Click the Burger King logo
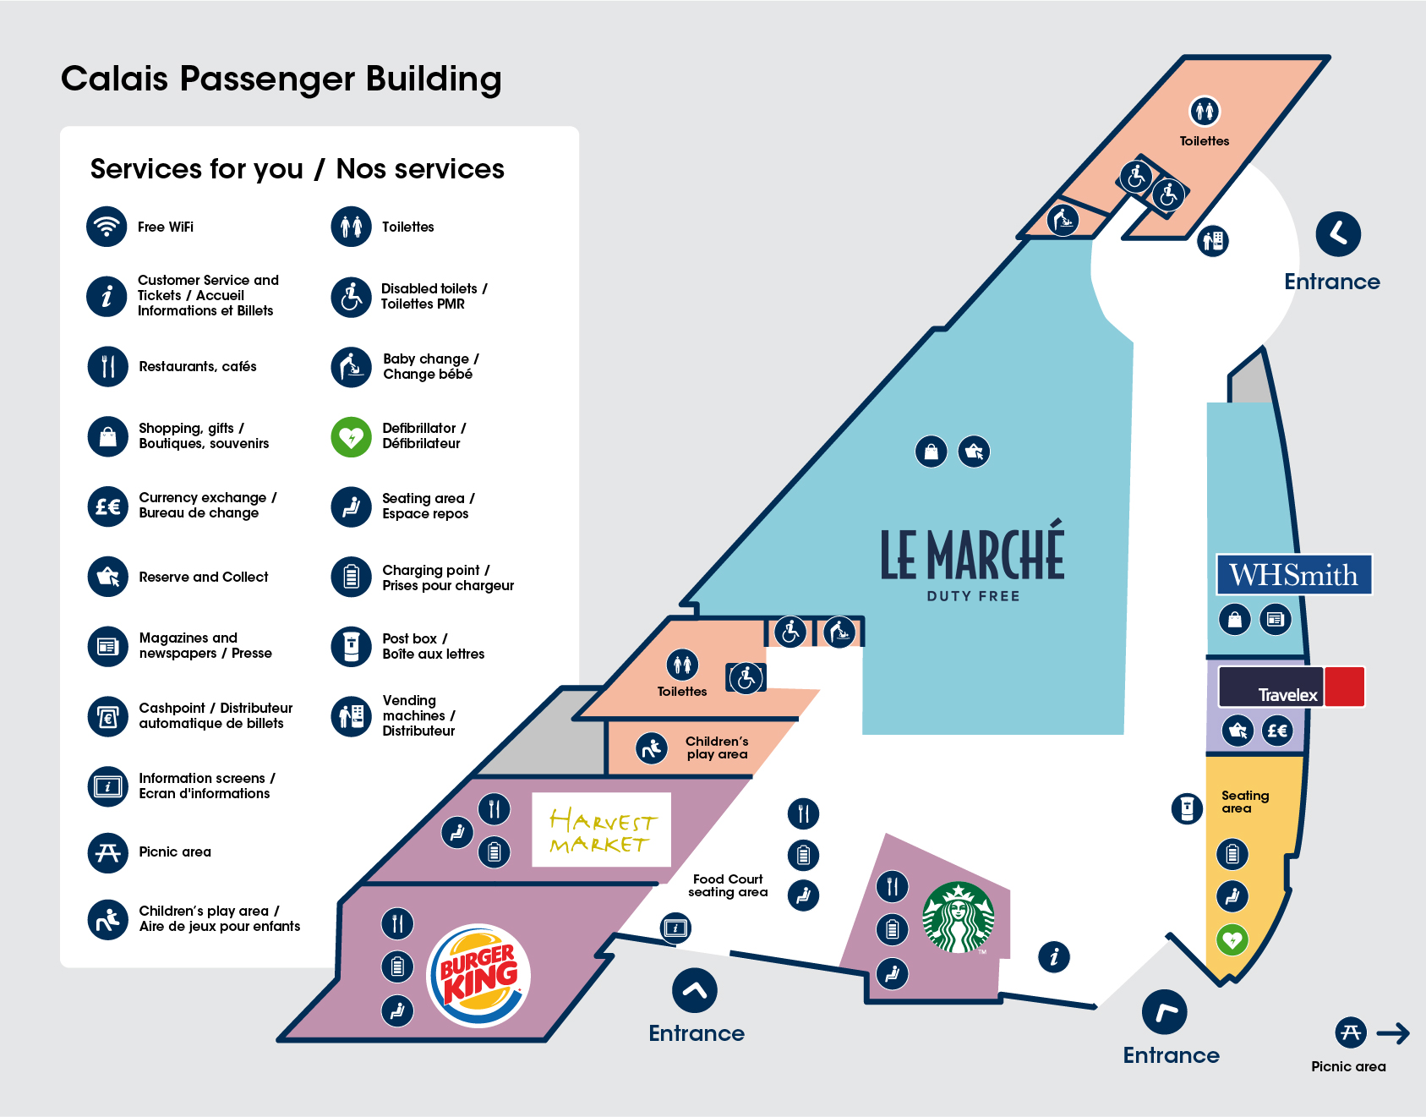[x=478, y=976]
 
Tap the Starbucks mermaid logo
[x=958, y=917]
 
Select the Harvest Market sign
[x=600, y=830]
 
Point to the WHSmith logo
[x=1293, y=575]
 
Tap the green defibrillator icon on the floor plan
[x=1232, y=939]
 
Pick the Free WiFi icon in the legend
[x=107, y=227]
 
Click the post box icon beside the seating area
[x=1187, y=808]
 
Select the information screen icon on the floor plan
[x=675, y=928]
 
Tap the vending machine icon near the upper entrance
[x=1213, y=241]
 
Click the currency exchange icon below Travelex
[x=1276, y=730]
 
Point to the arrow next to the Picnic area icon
[x=1393, y=1032]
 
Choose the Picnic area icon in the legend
[x=107, y=852]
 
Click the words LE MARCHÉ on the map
[x=972, y=555]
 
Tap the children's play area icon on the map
[x=652, y=748]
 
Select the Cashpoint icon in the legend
[x=107, y=716]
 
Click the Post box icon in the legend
[x=351, y=646]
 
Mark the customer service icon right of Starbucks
[x=1054, y=957]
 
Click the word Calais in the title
[x=115, y=79]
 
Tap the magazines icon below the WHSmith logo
[x=1276, y=620]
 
